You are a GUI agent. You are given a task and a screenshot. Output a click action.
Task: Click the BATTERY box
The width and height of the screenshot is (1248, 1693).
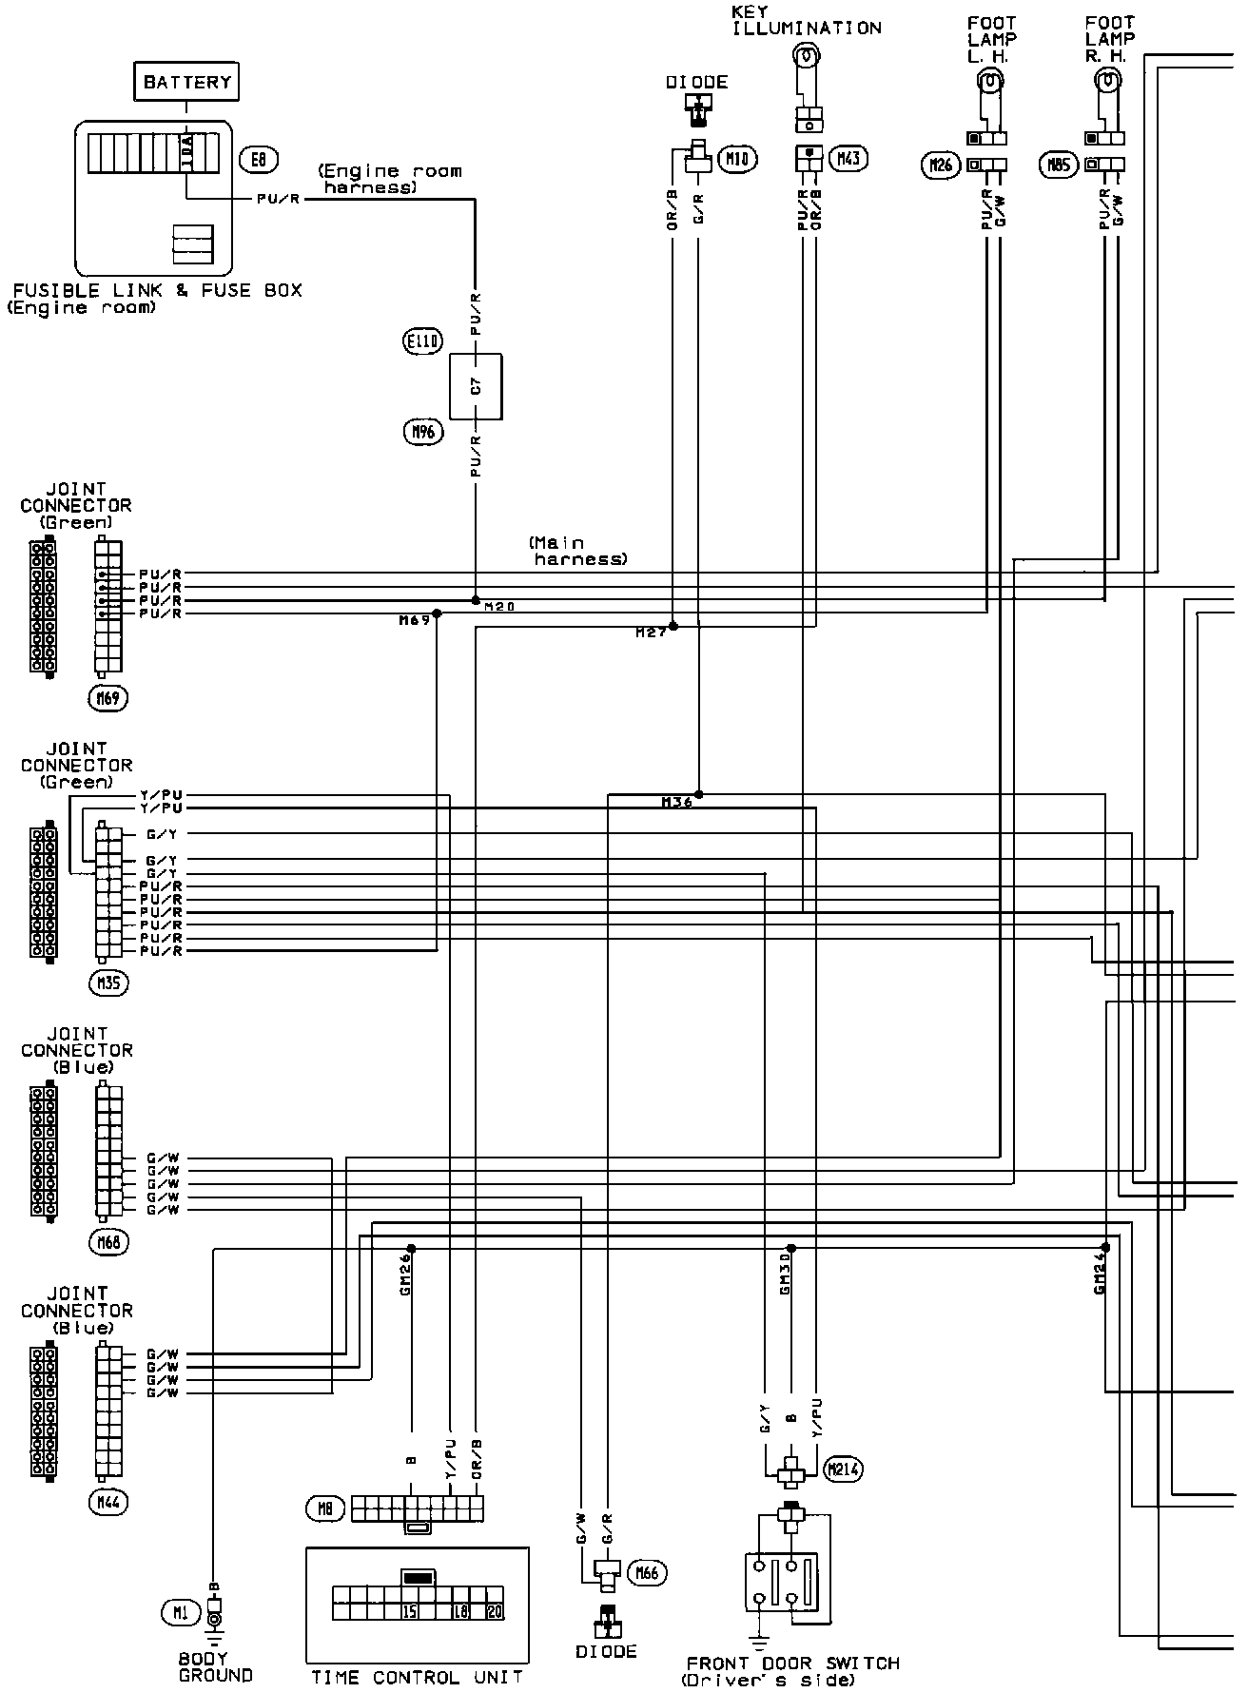tap(186, 82)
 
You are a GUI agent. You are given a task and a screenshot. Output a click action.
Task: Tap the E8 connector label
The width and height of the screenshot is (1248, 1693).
tap(257, 159)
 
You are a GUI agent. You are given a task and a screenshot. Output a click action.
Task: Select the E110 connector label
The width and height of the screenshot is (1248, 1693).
tap(422, 341)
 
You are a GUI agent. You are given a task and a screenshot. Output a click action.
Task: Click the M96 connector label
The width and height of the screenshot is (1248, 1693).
tap(422, 433)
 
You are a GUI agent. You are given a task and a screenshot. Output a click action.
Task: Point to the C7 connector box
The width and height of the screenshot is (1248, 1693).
tap(477, 387)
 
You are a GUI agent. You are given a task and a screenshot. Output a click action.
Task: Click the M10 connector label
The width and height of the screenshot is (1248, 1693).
tap(737, 159)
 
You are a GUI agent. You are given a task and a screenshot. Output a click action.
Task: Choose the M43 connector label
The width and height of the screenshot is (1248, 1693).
tap(848, 158)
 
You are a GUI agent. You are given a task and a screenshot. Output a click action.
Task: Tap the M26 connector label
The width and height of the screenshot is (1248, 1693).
tap(940, 165)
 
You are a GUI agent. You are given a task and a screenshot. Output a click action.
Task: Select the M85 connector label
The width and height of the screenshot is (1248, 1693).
tap(1058, 165)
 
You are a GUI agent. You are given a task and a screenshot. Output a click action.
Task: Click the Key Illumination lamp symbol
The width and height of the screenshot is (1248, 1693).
tap(805, 58)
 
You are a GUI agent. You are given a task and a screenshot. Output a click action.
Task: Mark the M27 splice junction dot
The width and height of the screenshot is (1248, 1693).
tap(673, 626)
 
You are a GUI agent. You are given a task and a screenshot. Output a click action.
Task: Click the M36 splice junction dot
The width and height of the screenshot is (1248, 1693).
tap(698, 793)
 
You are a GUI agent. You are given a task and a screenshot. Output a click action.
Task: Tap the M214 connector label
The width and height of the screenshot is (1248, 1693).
tap(844, 1469)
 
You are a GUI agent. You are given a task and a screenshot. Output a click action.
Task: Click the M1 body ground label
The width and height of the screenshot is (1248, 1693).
tap(181, 1611)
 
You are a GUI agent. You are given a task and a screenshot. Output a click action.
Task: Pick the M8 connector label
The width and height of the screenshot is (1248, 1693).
tap(324, 1508)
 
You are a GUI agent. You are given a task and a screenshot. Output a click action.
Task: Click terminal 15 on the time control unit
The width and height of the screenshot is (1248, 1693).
tap(410, 1611)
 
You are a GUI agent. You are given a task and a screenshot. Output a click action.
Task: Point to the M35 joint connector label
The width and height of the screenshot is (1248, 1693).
tap(109, 983)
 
